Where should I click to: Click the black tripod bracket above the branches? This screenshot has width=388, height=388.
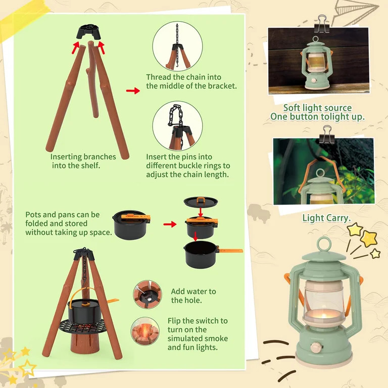pyautogui.click(x=88, y=32)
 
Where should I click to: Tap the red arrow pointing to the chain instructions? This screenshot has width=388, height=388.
pyautogui.click(x=133, y=91)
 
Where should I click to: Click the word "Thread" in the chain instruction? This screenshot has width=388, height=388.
pyautogui.click(x=159, y=77)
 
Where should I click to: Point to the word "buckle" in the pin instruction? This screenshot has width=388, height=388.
pyautogui.click(x=190, y=166)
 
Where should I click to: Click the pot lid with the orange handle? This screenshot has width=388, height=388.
pyautogui.click(x=201, y=202)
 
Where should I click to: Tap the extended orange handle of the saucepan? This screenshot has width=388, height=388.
pyautogui.click(x=230, y=251)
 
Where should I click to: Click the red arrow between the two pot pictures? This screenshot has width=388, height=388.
pyautogui.click(x=170, y=224)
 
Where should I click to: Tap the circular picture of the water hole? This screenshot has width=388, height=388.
pyautogui.click(x=147, y=295)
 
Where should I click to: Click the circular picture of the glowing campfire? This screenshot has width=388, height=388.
pyautogui.click(x=145, y=331)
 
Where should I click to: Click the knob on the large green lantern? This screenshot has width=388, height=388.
pyautogui.click(x=316, y=347)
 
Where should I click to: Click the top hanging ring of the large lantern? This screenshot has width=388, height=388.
pyautogui.click(x=324, y=244)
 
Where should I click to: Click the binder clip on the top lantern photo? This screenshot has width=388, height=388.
pyautogui.click(x=321, y=24)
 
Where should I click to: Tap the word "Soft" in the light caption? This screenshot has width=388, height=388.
pyautogui.click(x=292, y=108)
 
